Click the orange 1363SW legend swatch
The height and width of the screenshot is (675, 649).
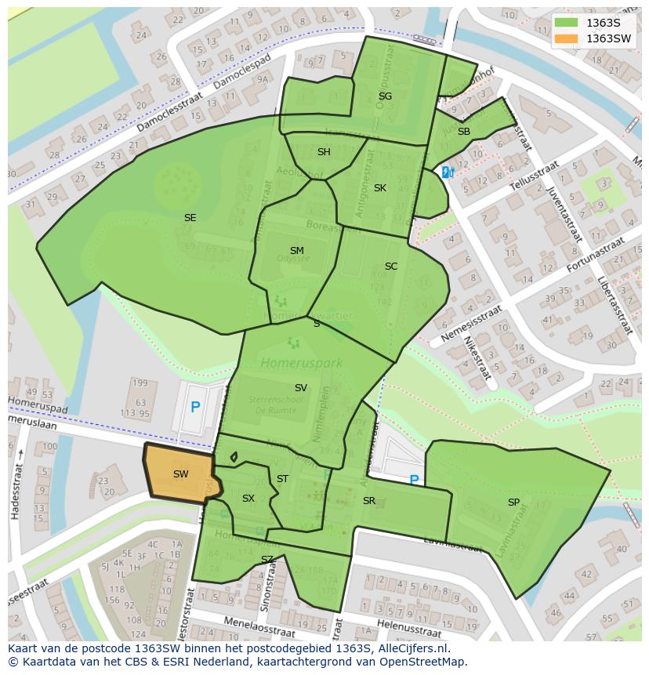tap(567, 38)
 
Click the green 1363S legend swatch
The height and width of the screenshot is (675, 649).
tap(567, 23)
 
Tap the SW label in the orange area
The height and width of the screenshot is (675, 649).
tap(180, 474)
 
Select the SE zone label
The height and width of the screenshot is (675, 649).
tap(190, 218)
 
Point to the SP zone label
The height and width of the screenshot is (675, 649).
tap(513, 503)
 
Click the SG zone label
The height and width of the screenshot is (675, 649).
tap(385, 96)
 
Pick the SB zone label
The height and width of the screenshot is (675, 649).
tap(464, 132)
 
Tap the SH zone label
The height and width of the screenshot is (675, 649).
tap(324, 152)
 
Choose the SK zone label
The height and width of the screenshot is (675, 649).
tap(380, 188)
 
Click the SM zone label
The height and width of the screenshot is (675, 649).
tap(296, 251)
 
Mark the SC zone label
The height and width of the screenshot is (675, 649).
tap(391, 267)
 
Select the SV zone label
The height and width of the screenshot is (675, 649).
tap(301, 388)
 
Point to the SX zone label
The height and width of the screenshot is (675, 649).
tap(248, 499)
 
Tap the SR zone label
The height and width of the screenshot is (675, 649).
tap(369, 501)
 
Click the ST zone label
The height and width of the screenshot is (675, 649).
tap(282, 479)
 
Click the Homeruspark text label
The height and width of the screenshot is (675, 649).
tap(292, 363)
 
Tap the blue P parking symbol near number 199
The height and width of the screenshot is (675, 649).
tap(195, 407)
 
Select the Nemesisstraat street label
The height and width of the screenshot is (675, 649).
tap(470, 322)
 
